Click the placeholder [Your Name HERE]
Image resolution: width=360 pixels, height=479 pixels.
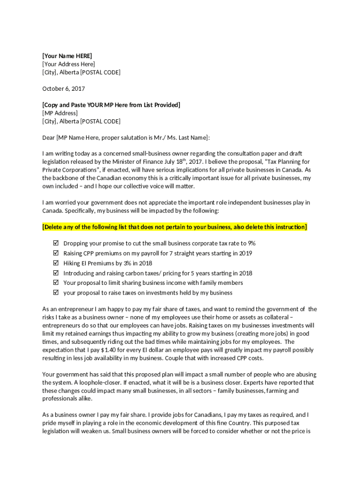(x=67, y=56)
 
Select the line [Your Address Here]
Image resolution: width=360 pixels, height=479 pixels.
(x=69, y=64)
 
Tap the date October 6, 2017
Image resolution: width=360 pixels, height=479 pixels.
(x=64, y=88)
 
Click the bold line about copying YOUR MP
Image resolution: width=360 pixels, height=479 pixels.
(x=111, y=105)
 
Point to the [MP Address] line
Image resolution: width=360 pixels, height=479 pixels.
(x=60, y=113)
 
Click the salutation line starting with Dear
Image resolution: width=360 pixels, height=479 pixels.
(x=126, y=138)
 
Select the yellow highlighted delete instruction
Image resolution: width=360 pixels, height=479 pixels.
(x=175, y=227)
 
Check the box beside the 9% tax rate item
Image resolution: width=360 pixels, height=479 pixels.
(x=56, y=243)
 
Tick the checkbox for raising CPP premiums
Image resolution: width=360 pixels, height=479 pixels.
(x=56, y=253)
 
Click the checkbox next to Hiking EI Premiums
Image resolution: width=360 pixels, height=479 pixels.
(x=56, y=263)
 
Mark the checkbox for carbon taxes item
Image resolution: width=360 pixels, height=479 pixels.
(x=56, y=273)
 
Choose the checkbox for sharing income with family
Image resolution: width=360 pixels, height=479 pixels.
(x=56, y=283)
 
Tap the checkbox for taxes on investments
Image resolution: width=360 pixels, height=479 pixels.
(x=56, y=293)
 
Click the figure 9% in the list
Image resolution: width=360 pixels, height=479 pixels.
(x=252, y=243)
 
